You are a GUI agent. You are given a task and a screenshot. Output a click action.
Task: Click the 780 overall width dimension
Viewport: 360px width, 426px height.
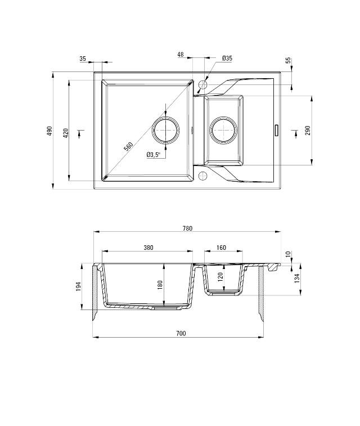[187, 228]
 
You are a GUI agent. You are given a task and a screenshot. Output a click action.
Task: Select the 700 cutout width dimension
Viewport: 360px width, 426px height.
[180, 334]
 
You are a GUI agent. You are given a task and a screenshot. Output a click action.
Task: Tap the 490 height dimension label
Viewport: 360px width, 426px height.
[49, 131]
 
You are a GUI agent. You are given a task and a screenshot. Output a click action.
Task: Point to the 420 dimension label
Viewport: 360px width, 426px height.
[66, 133]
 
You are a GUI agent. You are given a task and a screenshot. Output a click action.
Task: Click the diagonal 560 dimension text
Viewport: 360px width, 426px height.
[129, 146]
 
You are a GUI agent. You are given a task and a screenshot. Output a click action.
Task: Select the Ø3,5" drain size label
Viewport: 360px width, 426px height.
[153, 155]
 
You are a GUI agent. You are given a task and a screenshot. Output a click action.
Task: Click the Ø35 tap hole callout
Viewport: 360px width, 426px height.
[227, 58]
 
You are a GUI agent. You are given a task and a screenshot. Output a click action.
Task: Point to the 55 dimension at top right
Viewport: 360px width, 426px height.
[289, 61]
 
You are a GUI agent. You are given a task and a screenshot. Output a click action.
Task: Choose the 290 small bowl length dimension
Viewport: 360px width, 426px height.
[308, 131]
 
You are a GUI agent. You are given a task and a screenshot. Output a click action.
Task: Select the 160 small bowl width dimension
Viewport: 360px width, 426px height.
[221, 248]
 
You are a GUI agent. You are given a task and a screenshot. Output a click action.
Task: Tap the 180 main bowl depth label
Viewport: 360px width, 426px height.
[160, 284]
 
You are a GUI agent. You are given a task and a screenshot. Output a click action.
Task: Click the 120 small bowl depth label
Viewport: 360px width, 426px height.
[221, 276]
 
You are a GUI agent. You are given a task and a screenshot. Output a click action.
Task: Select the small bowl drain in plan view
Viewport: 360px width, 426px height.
[223, 131]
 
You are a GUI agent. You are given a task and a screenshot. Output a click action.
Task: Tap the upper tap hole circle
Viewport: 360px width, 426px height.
[203, 84]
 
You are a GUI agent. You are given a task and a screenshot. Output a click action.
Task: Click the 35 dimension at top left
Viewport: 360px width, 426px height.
[83, 58]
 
